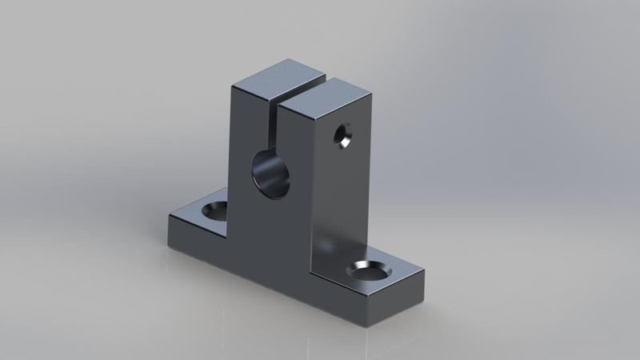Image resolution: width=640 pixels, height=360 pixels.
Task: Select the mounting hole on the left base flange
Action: tap(214, 211)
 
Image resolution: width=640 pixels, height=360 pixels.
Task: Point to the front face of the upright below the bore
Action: tap(272, 232)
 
